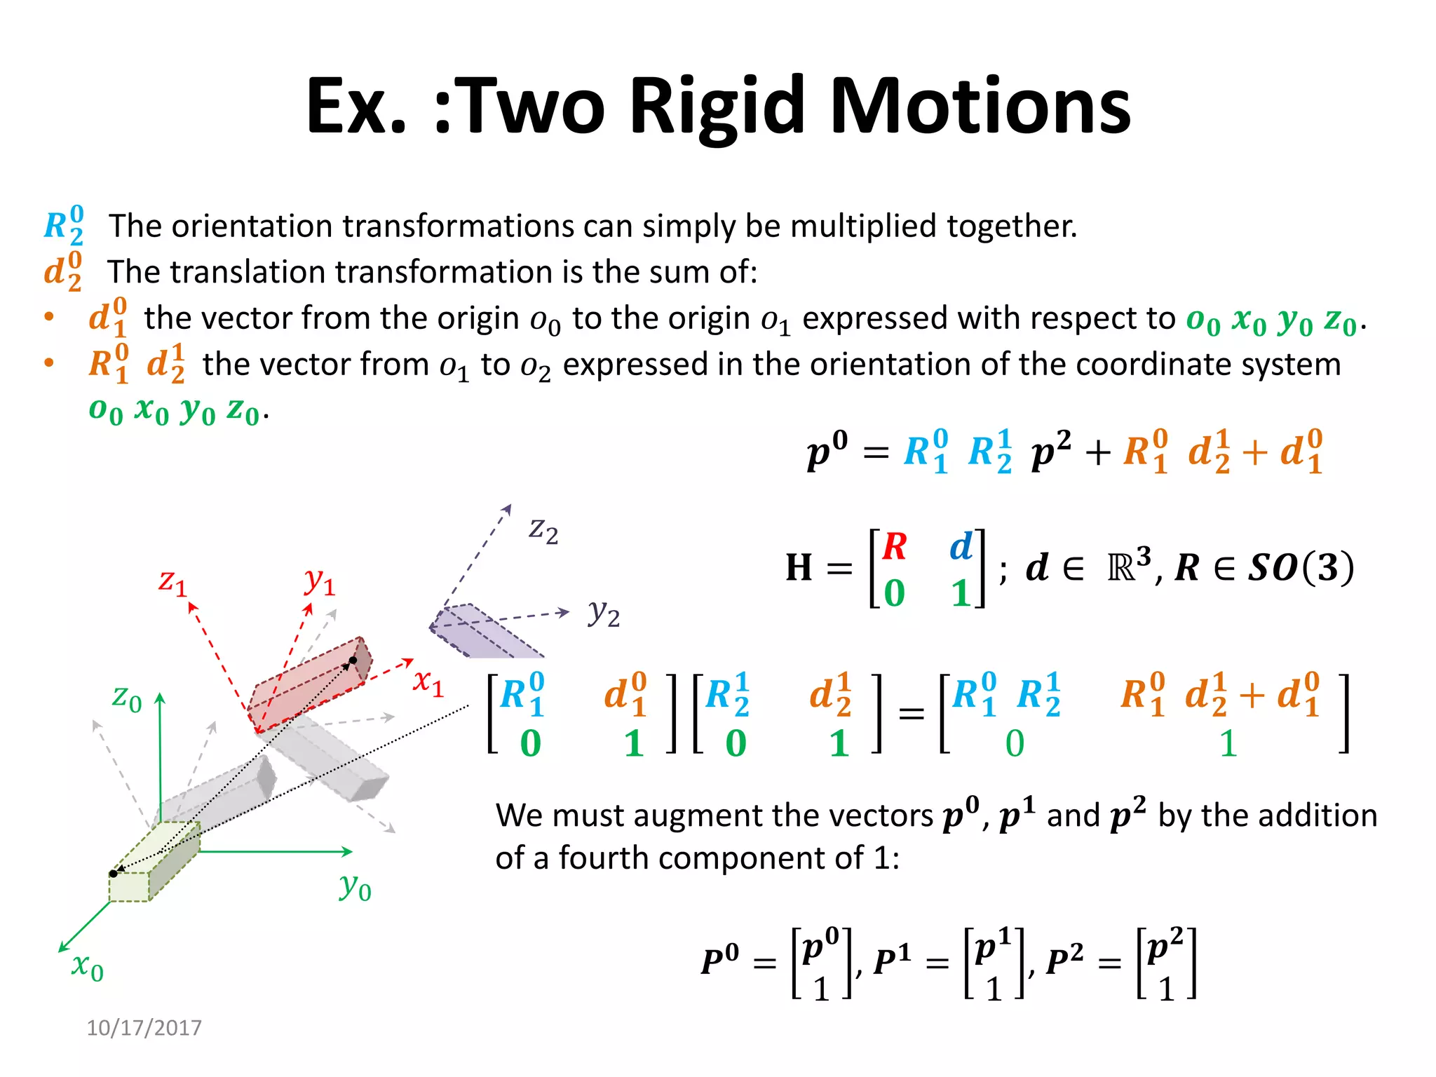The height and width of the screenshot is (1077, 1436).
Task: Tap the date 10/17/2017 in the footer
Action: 144,1028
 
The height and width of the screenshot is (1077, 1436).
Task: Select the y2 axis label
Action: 604,613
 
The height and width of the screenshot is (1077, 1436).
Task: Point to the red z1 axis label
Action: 172,582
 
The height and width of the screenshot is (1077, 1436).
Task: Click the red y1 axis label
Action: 320,582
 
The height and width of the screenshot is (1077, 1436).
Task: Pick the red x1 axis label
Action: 428,682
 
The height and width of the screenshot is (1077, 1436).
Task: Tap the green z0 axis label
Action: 127,698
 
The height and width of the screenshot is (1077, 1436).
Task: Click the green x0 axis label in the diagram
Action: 88,967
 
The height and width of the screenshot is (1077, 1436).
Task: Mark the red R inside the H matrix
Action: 895,547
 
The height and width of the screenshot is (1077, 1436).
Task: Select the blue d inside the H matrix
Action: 961,547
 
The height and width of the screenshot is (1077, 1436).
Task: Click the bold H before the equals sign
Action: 799,568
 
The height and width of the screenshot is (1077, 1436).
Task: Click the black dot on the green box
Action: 114,874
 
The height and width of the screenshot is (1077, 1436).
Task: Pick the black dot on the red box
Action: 353,661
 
